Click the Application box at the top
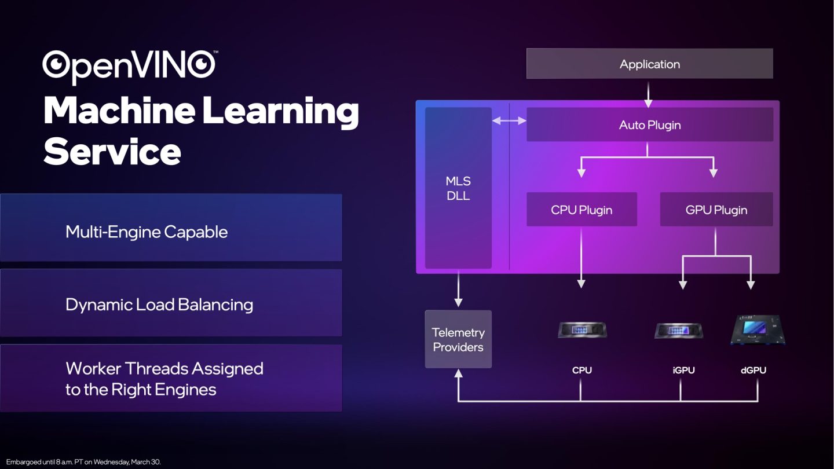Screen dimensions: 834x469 point(650,64)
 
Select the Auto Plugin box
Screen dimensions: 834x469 point(650,124)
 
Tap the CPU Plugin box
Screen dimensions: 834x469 point(581,210)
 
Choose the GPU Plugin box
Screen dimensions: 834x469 point(716,210)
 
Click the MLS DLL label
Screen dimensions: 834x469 point(458,188)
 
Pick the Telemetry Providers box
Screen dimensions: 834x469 point(458,339)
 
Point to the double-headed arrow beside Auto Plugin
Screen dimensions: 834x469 point(509,120)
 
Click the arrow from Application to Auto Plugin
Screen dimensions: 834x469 point(648,95)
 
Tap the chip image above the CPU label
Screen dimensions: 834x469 point(582,330)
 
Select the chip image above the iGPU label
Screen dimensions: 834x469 point(678,330)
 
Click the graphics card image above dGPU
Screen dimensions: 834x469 point(758,330)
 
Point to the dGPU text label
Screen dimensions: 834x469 point(753,371)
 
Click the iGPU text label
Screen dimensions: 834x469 point(683,371)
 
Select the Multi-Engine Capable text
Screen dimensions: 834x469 point(147,232)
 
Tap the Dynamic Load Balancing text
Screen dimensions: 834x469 point(159,305)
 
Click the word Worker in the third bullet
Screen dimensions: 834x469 point(93,368)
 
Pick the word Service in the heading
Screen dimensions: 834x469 point(112,152)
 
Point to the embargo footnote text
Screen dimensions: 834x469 point(83,462)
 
